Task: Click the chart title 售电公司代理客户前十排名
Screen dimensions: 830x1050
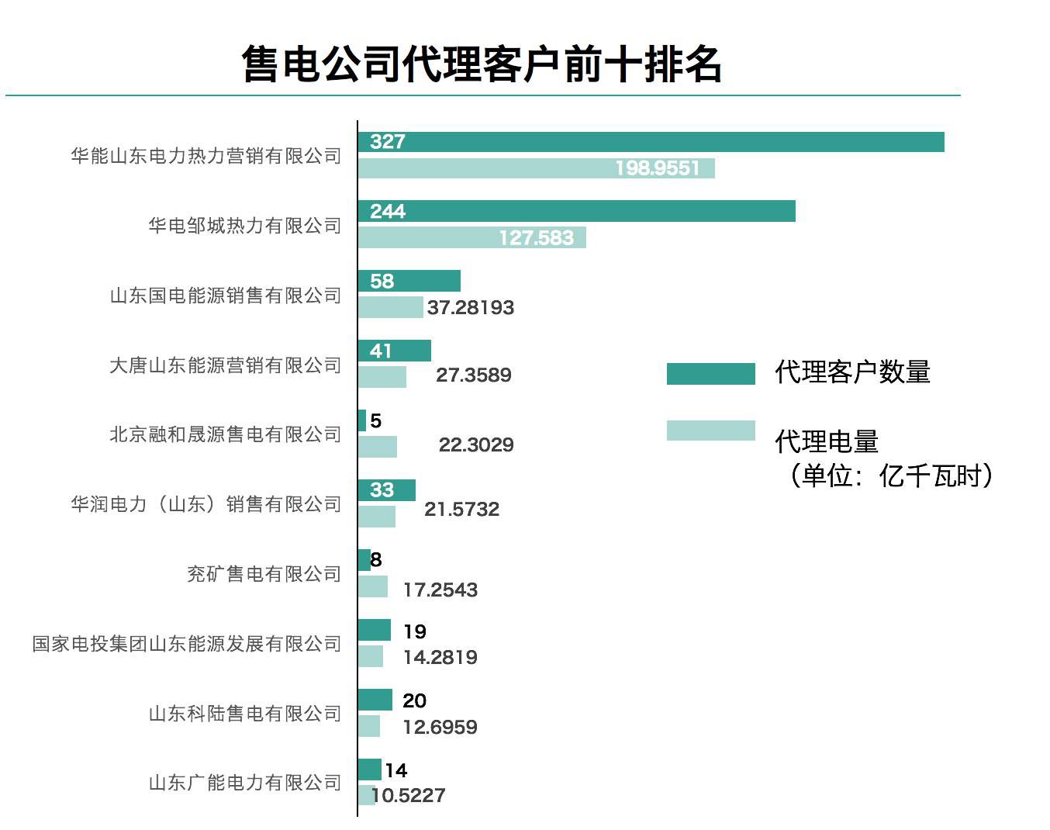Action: pyautogui.click(x=482, y=64)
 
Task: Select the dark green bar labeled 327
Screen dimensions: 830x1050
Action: pyautogui.click(x=651, y=142)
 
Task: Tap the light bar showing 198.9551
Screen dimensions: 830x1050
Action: pyautogui.click(x=536, y=168)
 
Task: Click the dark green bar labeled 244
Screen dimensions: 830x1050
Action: pyautogui.click(x=576, y=211)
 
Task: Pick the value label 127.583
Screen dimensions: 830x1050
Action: pyautogui.click(x=536, y=237)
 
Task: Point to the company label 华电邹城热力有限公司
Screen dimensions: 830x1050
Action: pyautogui.click(x=244, y=226)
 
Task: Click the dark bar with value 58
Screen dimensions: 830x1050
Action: pyautogui.click(x=409, y=281)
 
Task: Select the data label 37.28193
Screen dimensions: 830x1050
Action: pyautogui.click(x=470, y=308)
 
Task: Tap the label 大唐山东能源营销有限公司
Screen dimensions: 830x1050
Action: pyautogui.click(x=225, y=365)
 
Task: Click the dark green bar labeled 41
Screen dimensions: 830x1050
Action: pyautogui.click(x=394, y=351)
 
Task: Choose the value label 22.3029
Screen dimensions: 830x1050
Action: pyautogui.click(x=476, y=445)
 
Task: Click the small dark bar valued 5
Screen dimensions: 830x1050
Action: pyautogui.click(x=362, y=420)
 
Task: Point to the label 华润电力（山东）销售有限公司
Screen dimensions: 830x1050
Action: pyautogui.click(x=206, y=504)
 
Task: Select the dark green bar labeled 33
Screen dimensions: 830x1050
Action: pyautogui.click(x=386, y=490)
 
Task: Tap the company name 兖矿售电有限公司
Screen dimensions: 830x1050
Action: pyautogui.click(x=264, y=574)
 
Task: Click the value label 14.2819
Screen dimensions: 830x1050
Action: pyautogui.click(x=440, y=658)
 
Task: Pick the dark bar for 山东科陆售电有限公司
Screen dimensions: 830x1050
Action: pyautogui.click(x=375, y=700)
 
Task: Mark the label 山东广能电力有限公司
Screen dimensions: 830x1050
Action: pyautogui.click(x=244, y=783)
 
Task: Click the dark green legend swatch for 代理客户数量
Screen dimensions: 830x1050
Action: pyautogui.click(x=710, y=374)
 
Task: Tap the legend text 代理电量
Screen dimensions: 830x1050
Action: pyautogui.click(x=827, y=442)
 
